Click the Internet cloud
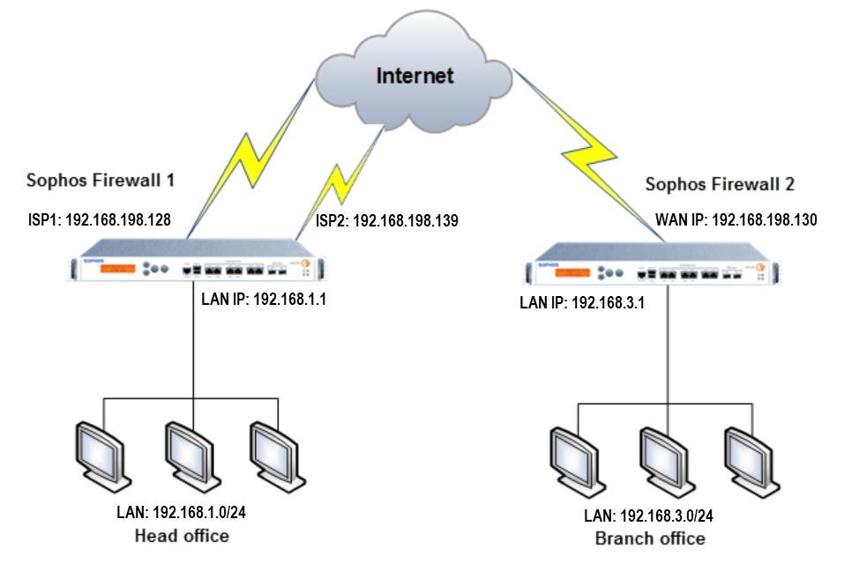coord(415,75)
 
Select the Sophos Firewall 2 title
coord(720,184)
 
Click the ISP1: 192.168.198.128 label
coord(99,219)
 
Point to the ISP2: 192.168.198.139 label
coord(386,220)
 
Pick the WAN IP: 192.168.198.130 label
coord(736,219)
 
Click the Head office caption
coord(182,536)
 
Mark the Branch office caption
coord(650,538)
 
